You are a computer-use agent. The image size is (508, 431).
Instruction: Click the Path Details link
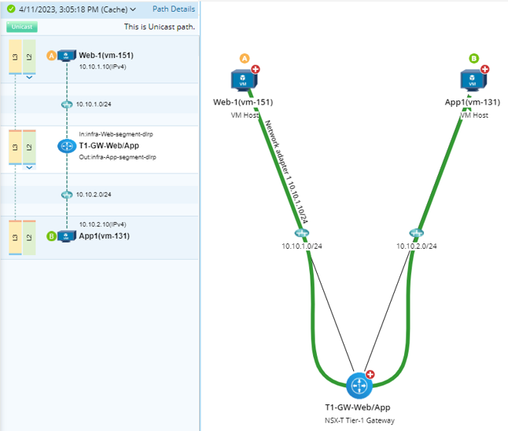pyautogui.click(x=173, y=9)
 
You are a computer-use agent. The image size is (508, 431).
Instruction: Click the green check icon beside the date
pyautogui.click(x=11, y=9)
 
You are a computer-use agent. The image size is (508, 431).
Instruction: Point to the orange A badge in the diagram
pyautogui.click(x=245, y=58)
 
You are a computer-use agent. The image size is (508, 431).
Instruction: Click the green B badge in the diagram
pyautogui.click(x=473, y=58)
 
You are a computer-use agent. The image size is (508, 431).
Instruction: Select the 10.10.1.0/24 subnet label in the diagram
pyautogui.click(x=302, y=246)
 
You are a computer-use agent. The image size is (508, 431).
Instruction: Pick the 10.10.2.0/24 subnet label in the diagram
pyautogui.click(x=416, y=246)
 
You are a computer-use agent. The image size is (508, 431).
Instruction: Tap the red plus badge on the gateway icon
pyautogui.click(x=371, y=375)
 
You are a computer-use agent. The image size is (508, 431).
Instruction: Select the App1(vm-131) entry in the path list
pyautogui.click(x=105, y=236)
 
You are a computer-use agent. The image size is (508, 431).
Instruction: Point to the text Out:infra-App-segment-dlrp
pyautogui.click(x=117, y=157)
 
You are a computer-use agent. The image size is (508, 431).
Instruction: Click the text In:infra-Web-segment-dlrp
pyautogui.click(x=116, y=134)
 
